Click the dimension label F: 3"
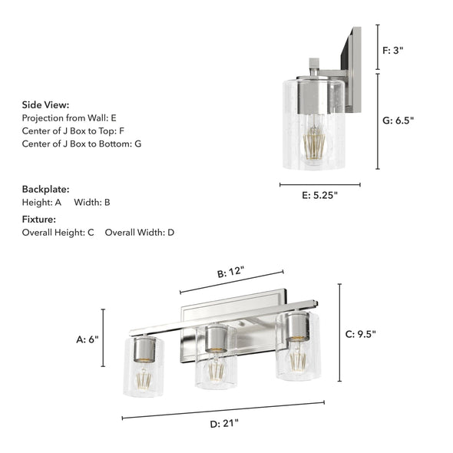(393, 50)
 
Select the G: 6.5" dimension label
(398, 121)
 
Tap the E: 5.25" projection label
(319, 195)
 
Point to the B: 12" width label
(230, 272)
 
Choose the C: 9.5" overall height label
(360, 334)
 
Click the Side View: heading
(45, 105)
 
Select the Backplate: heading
(45, 189)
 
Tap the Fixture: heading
(38, 219)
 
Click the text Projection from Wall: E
(69, 118)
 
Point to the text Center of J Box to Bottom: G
(81, 144)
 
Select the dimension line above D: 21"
(223, 410)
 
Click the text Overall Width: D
(140, 232)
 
